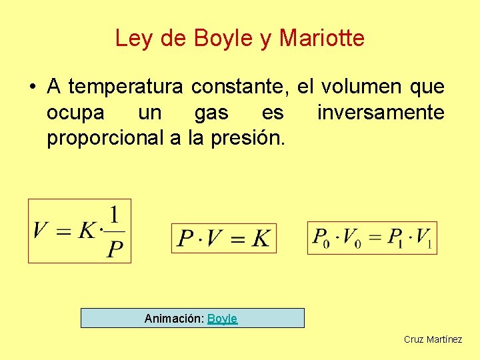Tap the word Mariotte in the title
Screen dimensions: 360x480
click(x=322, y=38)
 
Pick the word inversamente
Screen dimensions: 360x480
click(x=381, y=113)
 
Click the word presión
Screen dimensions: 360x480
click(x=254, y=139)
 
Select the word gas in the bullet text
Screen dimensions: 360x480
click(x=211, y=113)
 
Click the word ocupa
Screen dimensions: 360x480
click(x=75, y=113)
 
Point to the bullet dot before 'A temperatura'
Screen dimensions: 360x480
click(x=32, y=87)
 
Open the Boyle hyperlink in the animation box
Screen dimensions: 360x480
click(x=223, y=319)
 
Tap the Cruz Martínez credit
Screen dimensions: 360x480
click(x=433, y=339)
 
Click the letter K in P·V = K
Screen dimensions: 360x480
click(x=261, y=238)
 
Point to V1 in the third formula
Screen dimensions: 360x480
click(x=424, y=237)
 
